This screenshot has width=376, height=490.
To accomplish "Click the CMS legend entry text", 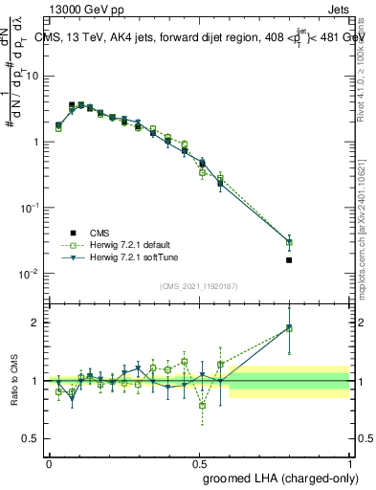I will (x=87, y=232).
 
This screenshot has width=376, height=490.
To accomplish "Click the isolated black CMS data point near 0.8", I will (x=289, y=259).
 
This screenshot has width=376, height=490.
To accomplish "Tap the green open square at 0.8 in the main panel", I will (x=289, y=242).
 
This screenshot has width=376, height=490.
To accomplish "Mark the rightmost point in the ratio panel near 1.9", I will (x=289, y=327).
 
